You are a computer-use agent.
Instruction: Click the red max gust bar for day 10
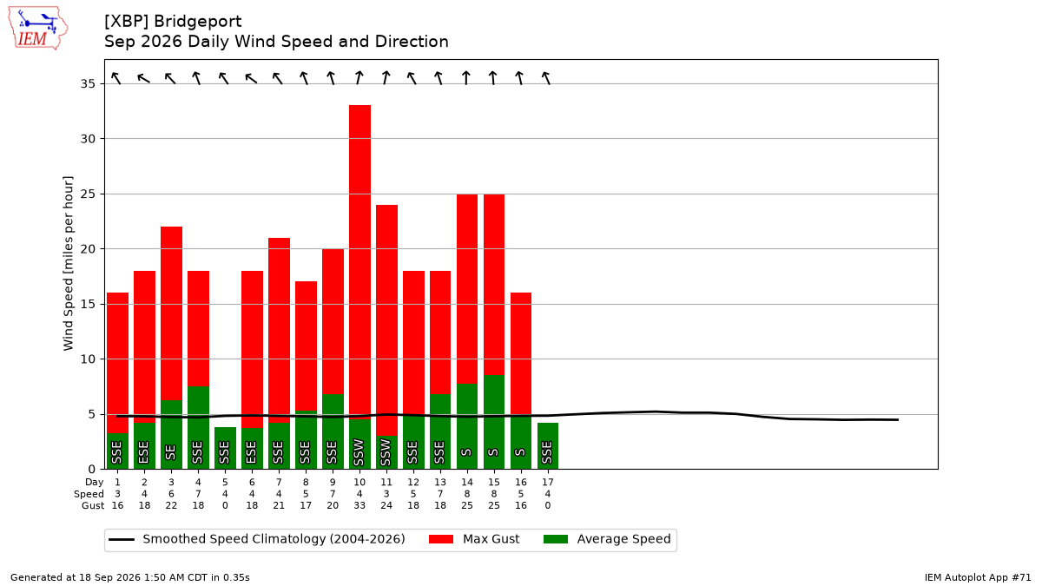359,262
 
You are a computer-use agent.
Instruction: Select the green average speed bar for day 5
225,448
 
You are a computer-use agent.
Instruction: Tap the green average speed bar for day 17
548,445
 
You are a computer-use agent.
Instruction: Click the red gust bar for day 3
171,313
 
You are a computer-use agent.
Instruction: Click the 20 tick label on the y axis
88,249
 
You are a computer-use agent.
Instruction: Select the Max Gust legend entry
473,539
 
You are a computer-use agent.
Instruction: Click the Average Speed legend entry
607,539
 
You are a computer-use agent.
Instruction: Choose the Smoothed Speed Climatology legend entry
257,539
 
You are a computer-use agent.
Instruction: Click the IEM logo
37,29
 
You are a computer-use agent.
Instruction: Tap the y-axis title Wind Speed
68,263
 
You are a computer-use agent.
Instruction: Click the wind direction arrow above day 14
466,77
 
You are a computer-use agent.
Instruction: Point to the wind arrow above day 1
116,78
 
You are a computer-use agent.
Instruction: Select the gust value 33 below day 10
359,505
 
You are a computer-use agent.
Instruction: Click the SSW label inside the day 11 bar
386,452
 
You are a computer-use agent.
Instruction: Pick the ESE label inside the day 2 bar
144,452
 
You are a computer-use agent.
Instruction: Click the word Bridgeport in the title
198,22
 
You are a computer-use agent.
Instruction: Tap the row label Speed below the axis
89,494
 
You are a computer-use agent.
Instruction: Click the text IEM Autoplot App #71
978,577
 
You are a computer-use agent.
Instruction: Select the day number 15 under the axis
494,483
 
